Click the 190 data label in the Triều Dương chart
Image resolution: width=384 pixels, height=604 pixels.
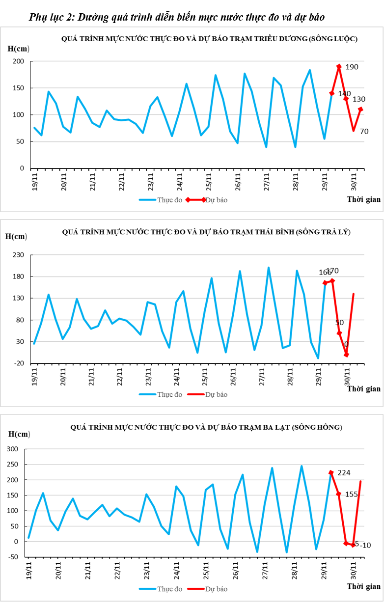pos(352,67)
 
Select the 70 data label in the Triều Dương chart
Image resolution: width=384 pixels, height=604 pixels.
pos(364,131)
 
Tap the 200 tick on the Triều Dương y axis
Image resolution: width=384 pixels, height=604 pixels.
pos(19,61)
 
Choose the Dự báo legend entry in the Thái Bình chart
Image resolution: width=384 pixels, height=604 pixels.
pos(217,394)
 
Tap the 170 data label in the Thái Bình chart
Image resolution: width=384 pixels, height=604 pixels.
pos(332,271)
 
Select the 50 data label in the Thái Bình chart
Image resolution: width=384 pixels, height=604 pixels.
pos(339,323)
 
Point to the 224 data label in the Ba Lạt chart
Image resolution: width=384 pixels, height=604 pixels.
pos(344,472)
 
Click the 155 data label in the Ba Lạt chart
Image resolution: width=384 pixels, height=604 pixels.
pos(352,494)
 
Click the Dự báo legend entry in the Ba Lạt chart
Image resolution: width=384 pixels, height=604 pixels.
pos(217,588)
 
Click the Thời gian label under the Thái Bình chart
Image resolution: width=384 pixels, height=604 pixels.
pos(364,389)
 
